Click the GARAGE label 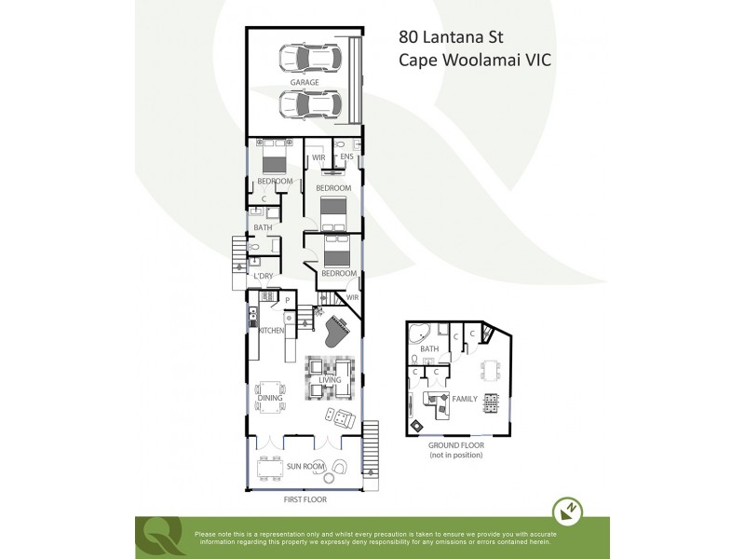pyautogui.click(x=304, y=82)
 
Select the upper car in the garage pyautogui.click(x=308, y=59)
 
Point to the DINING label pyautogui.click(x=270, y=397)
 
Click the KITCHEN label pyautogui.click(x=271, y=331)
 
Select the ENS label pyautogui.click(x=346, y=157)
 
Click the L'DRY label pyautogui.click(x=264, y=276)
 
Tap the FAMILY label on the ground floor pyautogui.click(x=465, y=398)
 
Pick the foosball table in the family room pyautogui.click(x=491, y=402)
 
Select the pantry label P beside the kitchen pyautogui.click(x=289, y=298)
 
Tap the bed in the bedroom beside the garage pyautogui.click(x=275, y=155)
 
